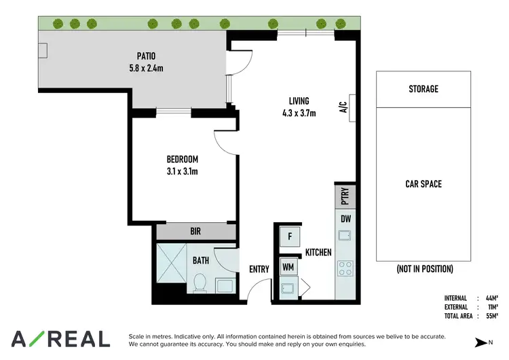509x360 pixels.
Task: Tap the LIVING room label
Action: coord(299,102)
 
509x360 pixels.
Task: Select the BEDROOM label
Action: coord(182,160)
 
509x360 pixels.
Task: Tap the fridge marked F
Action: coord(290,236)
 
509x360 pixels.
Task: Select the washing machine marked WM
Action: coord(288,267)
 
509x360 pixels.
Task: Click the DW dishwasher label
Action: coord(345,219)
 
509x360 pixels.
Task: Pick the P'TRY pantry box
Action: coord(345,197)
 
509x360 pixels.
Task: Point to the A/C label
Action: coord(343,107)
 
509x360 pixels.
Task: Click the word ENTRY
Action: coord(259,269)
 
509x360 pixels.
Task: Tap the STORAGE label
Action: coord(423,89)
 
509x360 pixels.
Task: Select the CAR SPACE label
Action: coord(423,183)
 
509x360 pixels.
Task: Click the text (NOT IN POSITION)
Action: coord(424,269)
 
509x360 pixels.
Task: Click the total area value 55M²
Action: coord(491,316)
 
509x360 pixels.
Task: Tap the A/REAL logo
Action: coord(60,339)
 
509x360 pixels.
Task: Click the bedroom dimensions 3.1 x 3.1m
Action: coord(182,171)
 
